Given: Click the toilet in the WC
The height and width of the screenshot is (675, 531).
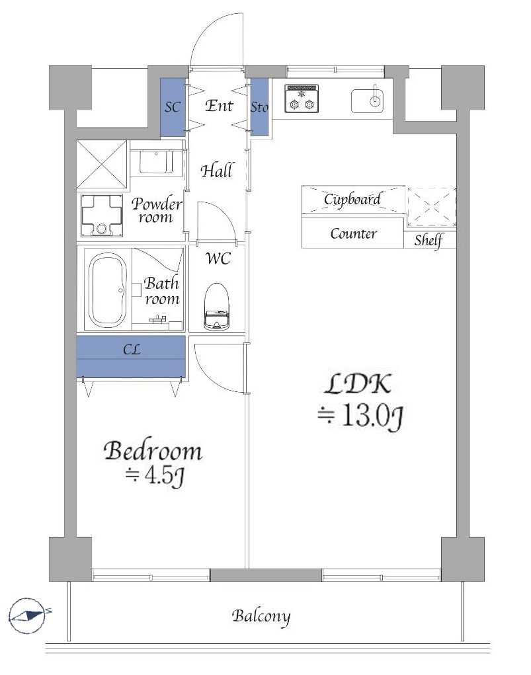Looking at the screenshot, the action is (x=217, y=307).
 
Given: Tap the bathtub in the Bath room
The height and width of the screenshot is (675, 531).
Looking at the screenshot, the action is (x=108, y=291).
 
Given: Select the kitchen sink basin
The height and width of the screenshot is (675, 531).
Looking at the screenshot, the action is (x=368, y=100).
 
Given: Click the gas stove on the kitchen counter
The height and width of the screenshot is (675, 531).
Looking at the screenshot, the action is (x=302, y=99).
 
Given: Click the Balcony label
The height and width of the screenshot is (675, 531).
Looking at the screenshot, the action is (x=261, y=617).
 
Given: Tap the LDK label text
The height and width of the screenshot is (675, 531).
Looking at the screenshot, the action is (x=358, y=384).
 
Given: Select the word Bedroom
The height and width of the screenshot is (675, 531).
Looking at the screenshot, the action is (x=153, y=451).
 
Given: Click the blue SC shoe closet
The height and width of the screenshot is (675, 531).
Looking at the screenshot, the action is (x=173, y=108).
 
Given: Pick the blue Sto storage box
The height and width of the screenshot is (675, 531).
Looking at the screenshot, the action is (x=259, y=107).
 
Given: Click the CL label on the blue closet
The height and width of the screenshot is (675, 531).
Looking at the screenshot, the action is (x=132, y=350).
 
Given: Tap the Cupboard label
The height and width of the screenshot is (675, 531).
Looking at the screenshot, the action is (x=352, y=199).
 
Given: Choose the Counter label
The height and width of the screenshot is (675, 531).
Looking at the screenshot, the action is (x=353, y=234).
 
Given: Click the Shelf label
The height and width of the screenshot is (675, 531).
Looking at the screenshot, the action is (x=429, y=240).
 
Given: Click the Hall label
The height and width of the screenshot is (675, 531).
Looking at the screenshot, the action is (x=217, y=171).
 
